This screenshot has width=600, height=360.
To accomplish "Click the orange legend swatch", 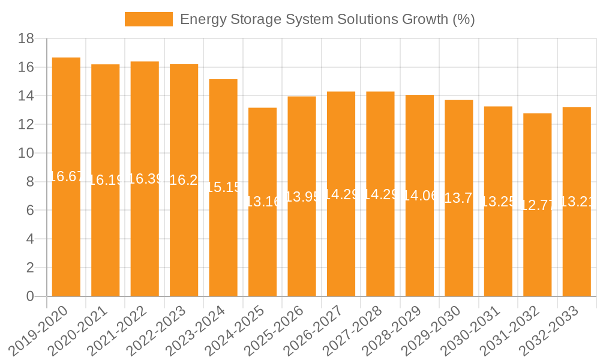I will click(148, 19).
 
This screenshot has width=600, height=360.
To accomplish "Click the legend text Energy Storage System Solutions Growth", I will click(327, 19).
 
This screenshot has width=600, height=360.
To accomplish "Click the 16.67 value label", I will click(66, 176).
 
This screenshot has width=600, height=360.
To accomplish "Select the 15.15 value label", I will click(223, 187).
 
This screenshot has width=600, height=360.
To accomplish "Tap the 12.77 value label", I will click(537, 205).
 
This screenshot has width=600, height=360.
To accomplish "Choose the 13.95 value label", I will click(302, 197).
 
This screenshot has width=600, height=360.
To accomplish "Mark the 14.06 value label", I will click(419, 196).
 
